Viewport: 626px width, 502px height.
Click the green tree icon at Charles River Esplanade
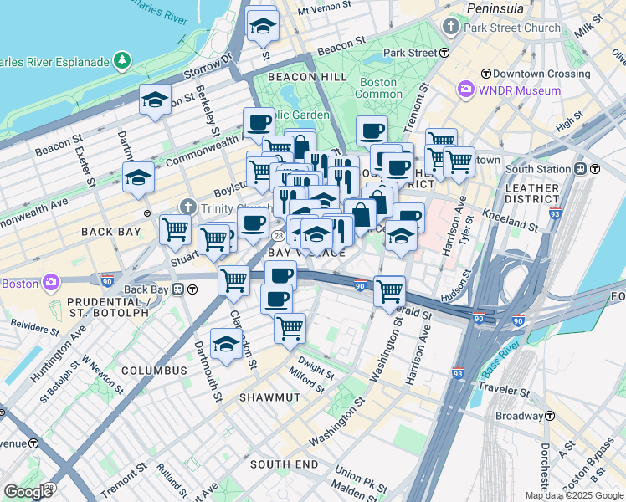pyautogui.click(x=123, y=61)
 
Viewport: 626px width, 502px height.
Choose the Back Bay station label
pyautogui.click(x=147, y=289)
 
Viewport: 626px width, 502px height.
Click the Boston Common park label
pyautogui.click(x=378, y=88)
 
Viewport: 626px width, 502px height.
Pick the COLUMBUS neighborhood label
pyautogui.click(x=153, y=370)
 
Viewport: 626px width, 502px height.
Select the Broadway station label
pyautogui.click(x=521, y=416)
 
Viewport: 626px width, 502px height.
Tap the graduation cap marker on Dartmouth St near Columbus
pyautogui.click(x=226, y=344)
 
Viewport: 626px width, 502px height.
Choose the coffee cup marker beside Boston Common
pyautogui.click(x=372, y=130)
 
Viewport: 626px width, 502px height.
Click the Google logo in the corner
pyautogui.click(x=28, y=491)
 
